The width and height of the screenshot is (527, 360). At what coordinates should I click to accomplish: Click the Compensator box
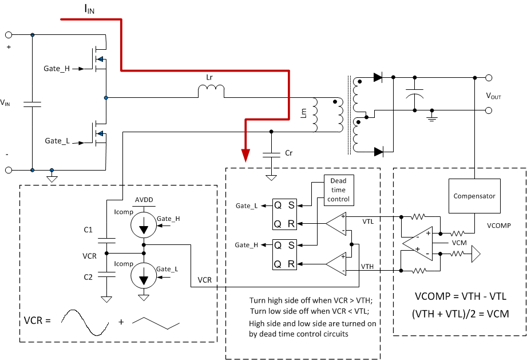474,196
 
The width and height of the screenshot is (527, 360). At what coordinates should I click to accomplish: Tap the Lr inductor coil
211,91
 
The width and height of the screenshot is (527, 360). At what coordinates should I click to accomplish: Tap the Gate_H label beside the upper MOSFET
57,68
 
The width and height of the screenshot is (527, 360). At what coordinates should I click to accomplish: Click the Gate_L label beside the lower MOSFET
57,140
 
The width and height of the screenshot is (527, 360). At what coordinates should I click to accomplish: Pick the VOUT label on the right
493,97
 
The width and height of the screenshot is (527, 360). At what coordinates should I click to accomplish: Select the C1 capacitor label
88,230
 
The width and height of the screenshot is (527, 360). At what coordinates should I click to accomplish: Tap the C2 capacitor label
88,276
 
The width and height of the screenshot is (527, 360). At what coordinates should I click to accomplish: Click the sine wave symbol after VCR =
86,322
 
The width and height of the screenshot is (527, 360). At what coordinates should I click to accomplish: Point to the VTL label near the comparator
370,219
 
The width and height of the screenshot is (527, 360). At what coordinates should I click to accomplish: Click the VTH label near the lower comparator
368,267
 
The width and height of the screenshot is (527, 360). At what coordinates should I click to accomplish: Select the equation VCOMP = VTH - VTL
460,296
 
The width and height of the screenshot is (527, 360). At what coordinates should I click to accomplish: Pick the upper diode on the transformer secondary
377,77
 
